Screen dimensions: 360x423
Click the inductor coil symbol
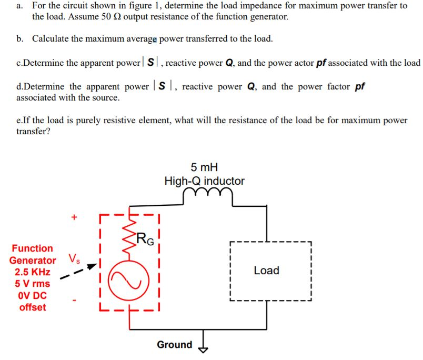tap(204, 196)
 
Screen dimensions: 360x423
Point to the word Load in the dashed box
tap(266, 271)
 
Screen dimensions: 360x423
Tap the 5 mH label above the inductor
tap(204, 167)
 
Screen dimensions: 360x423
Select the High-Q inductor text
tap(204, 181)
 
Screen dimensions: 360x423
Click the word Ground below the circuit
tap(175, 345)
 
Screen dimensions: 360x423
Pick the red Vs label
tap(74, 259)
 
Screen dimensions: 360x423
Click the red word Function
tap(33, 248)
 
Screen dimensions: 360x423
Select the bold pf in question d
tap(360, 86)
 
